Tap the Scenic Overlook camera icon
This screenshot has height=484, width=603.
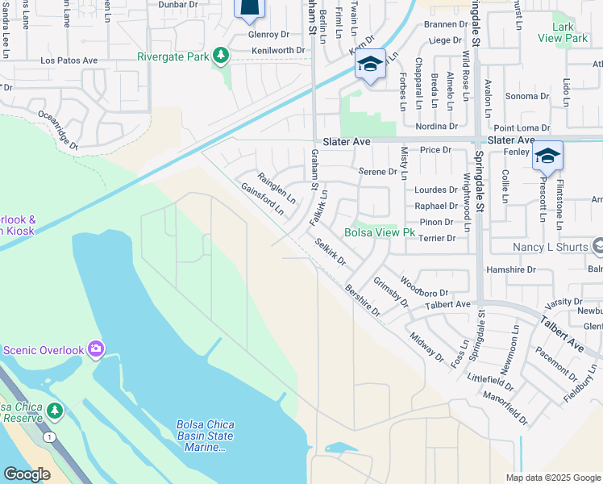point(96,349)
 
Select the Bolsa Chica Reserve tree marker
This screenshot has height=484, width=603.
point(55,411)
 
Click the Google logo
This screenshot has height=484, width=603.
point(27,474)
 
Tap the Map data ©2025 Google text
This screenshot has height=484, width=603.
point(553,478)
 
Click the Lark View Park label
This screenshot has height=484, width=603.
point(563,32)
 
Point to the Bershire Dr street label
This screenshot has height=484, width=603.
point(362,299)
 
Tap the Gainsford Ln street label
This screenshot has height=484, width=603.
point(263,198)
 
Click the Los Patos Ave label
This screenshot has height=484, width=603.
point(69,60)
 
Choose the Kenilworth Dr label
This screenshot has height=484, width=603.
point(277,50)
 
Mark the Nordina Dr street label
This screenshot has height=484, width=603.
point(436,126)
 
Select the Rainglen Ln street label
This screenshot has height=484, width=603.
point(277,187)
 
